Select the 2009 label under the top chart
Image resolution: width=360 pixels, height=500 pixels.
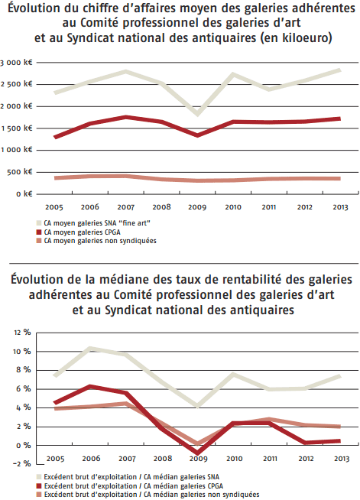[x=198, y=206]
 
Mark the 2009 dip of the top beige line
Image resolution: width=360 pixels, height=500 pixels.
[x=198, y=115]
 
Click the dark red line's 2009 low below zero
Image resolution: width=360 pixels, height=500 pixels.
[x=198, y=453]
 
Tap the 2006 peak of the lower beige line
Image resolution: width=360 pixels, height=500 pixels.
[x=91, y=349]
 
